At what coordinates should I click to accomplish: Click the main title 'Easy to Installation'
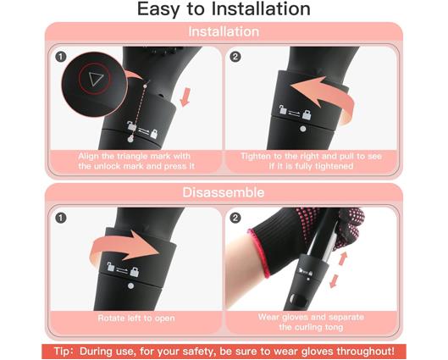click(224, 10)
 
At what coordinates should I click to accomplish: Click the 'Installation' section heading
click(224, 31)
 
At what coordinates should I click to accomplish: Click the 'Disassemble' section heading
click(224, 192)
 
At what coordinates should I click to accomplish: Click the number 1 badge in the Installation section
click(61, 56)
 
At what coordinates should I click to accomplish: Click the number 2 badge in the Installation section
click(235, 56)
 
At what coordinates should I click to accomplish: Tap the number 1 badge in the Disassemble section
click(61, 218)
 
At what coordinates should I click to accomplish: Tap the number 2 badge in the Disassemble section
click(235, 218)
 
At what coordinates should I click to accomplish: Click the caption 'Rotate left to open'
click(136, 318)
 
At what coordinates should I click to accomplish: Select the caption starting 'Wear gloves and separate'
click(309, 323)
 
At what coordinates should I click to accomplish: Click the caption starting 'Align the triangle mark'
click(136, 161)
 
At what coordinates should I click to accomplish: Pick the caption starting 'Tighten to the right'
click(309, 161)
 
